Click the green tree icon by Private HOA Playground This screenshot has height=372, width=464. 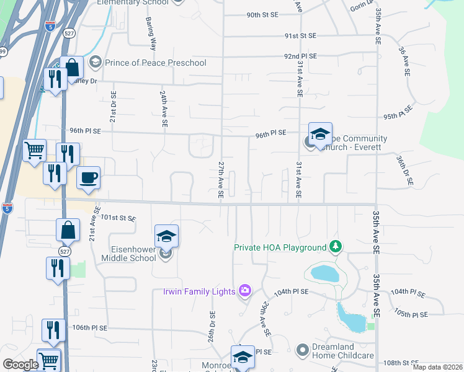tap(336, 247)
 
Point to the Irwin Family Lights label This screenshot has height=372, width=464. tap(199, 291)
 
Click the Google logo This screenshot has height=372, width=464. tap(20, 365)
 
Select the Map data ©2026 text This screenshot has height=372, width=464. tap(438, 367)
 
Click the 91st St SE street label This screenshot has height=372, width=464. tap(301, 36)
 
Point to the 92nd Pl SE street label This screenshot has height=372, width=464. tap(300, 56)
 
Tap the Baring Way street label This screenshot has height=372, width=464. tap(152, 36)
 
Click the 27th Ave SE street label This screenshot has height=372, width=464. tap(220, 180)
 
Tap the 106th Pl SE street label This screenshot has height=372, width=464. tap(90, 327)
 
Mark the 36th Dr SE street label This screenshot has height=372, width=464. tap(411, 172)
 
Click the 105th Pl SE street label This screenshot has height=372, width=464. tap(411, 314)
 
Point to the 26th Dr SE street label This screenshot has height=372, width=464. tap(212, 326)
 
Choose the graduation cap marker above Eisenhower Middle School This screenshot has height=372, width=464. tap(166, 236)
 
